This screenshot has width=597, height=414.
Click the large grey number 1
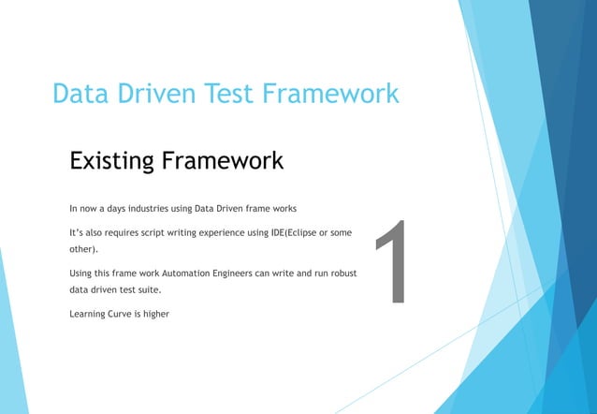coord(394,263)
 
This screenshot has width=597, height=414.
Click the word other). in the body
coord(83,250)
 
